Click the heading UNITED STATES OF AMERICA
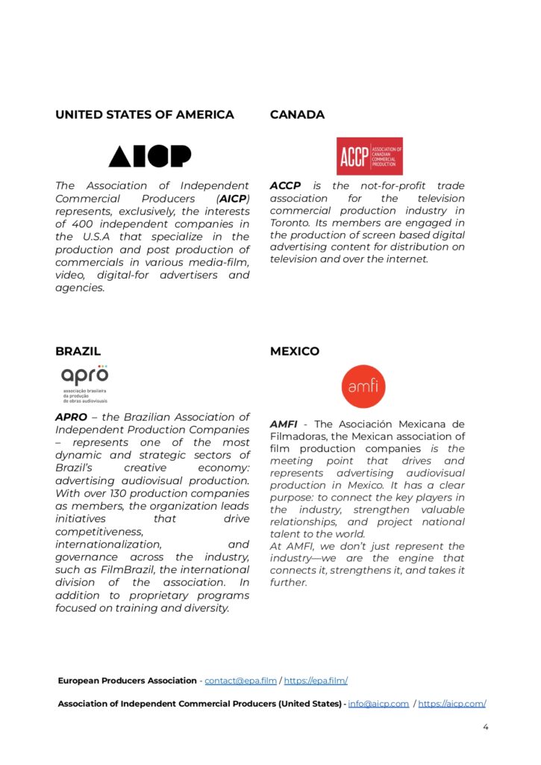click(x=144, y=115)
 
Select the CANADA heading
click(x=297, y=115)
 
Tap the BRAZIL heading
click(x=78, y=351)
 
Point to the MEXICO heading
click(x=295, y=351)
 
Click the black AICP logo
click(x=150, y=156)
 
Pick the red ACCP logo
click(x=369, y=156)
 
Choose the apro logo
click(x=85, y=382)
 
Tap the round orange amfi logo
click(x=363, y=386)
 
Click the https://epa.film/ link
click(x=316, y=681)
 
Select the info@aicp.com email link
click(x=378, y=704)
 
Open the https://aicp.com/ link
click(x=452, y=704)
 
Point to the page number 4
click(x=486, y=725)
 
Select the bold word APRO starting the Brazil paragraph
click(x=71, y=417)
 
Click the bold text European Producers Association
click(x=128, y=681)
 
